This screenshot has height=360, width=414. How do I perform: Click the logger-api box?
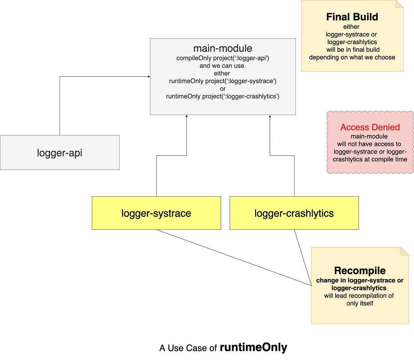click(60, 152)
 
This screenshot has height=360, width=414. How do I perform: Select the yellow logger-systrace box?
click(156, 213)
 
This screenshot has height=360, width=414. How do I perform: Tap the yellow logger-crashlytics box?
click(294, 213)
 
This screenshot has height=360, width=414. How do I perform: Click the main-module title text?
click(223, 48)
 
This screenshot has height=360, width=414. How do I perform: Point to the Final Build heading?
click(352, 17)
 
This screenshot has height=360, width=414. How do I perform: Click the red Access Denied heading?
click(370, 127)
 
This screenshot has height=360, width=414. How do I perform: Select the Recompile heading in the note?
click(360, 270)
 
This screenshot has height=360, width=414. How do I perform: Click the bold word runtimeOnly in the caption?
click(253, 347)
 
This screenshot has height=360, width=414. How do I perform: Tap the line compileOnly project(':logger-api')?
click(223, 58)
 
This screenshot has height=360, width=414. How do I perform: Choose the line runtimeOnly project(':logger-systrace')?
click(223, 81)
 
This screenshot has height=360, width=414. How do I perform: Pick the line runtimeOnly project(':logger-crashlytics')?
click(223, 96)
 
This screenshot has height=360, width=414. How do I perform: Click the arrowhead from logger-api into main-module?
click(148, 77)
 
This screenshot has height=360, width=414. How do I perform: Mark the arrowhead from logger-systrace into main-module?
click(186, 117)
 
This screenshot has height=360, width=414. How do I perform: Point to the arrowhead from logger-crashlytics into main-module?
click(270, 117)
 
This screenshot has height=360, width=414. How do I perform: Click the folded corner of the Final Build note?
click(400, 4)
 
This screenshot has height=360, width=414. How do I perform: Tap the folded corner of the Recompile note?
click(405, 251)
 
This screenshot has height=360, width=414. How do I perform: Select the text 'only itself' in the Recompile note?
click(360, 303)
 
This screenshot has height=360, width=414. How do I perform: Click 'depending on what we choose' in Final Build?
click(352, 57)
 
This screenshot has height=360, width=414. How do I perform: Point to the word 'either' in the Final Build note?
click(352, 27)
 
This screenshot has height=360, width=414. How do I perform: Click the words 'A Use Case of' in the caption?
click(188, 348)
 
